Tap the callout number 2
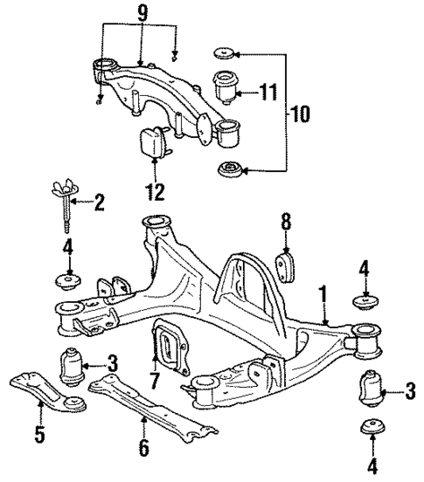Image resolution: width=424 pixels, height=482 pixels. (x=99, y=204)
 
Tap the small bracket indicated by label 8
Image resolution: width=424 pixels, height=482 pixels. (x=288, y=265)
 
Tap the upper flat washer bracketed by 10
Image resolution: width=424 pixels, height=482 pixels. (x=222, y=54)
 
